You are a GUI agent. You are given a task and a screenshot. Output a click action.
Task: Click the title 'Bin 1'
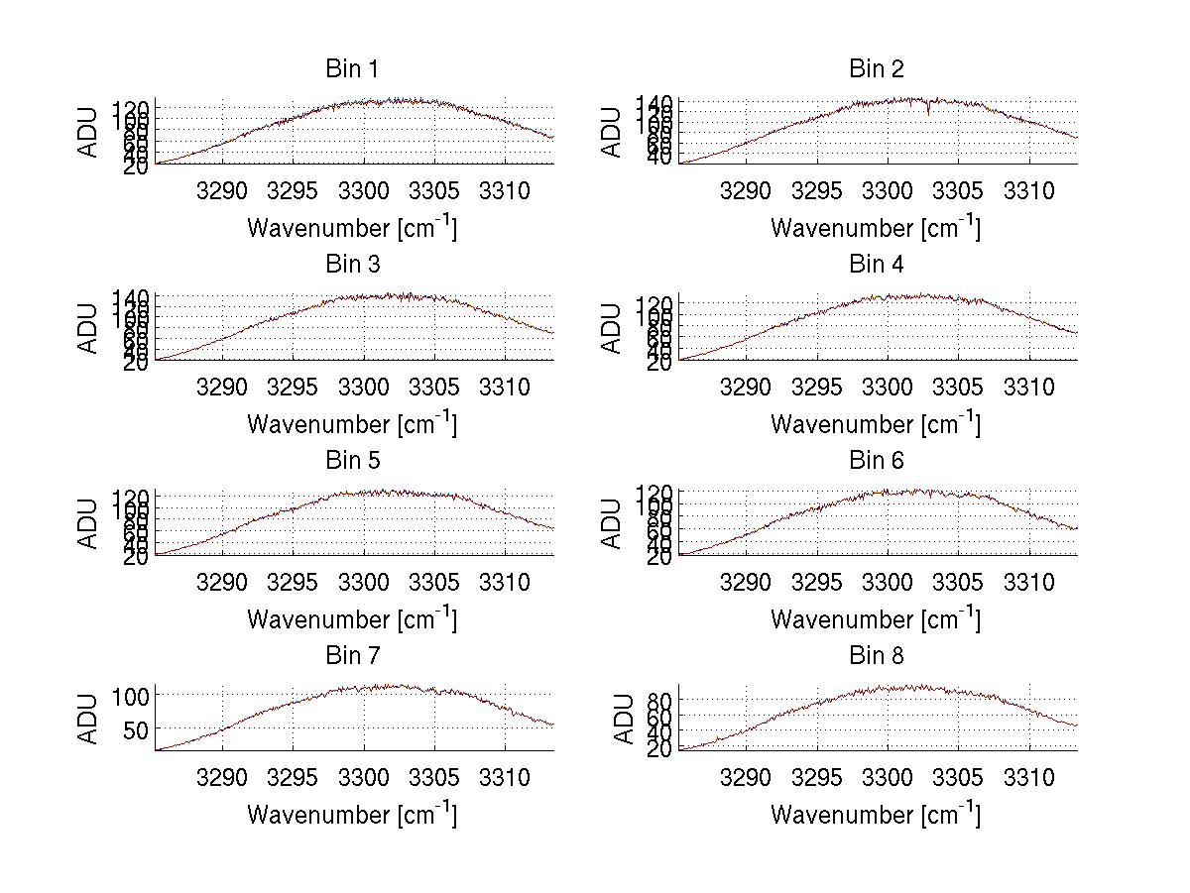(x=351, y=69)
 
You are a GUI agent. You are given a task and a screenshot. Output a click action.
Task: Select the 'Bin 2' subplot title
(x=876, y=69)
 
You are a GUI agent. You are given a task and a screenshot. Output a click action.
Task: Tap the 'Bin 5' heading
(x=351, y=461)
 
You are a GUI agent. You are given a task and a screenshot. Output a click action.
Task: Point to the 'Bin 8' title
(x=876, y=656)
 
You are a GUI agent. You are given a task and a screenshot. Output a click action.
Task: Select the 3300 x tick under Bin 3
(x=364, y=386)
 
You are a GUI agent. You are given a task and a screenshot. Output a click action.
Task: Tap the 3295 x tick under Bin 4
(x=816, y=386)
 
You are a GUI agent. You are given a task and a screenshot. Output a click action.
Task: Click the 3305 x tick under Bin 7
(x=434, y=776)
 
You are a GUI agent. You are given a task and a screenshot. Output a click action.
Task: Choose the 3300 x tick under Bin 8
(x=887, y=776)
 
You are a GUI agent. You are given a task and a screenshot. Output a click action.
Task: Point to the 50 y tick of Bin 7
(x=138, y=729)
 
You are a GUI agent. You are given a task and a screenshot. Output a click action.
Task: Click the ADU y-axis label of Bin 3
(x=90, y=328)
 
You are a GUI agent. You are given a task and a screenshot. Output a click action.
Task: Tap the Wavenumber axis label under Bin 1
(x=352, y=228)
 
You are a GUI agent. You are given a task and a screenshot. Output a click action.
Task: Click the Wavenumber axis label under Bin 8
(x=876, y=815)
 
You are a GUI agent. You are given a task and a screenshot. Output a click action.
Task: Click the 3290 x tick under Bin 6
(x=745, y=581)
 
